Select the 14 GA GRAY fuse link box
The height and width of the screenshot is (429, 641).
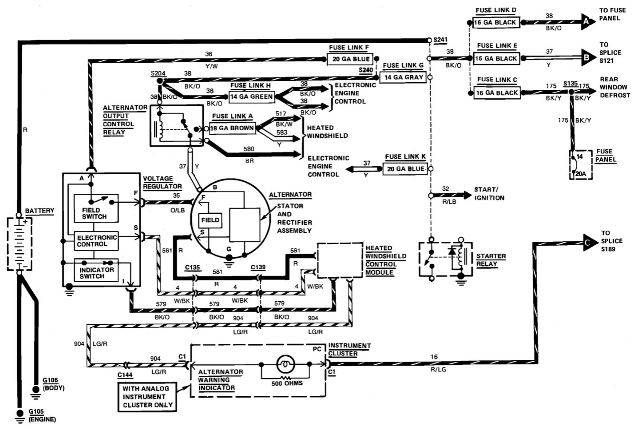pyautogui.click(x=404, y=77)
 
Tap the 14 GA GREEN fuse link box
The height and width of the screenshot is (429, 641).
pyautogui.click(x=252, y=97)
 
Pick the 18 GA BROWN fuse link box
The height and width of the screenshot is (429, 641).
pyautogui.click(x=233, y=128)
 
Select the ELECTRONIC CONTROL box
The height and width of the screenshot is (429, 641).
pyautogui.click(x=96, y=241)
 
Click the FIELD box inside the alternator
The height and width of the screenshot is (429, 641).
pyautogui.click(x=210, y=220)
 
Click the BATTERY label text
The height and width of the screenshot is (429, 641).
pyautogui.click(x=39, y=210)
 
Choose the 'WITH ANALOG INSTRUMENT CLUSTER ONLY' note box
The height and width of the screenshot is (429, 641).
pyautogui.click(x=148, y=397)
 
